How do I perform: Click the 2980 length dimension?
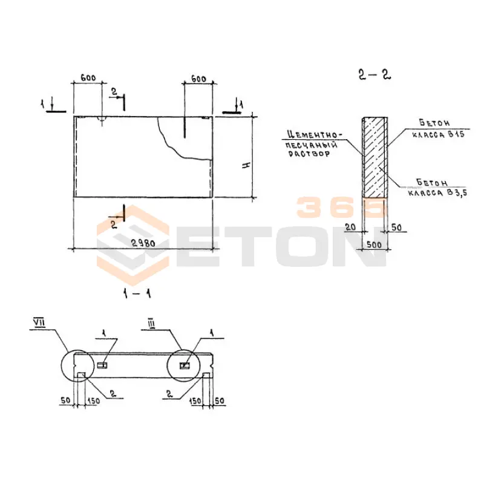(143, 243)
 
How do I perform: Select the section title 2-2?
(374, 74)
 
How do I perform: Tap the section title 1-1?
(137, 293)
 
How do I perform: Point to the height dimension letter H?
(246, 165)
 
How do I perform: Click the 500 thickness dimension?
(374, 245)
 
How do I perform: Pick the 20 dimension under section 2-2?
(350, 227)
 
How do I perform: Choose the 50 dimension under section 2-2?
(396, 227)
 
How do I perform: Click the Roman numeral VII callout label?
(39, 323)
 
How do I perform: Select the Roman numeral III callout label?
(151, 324)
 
